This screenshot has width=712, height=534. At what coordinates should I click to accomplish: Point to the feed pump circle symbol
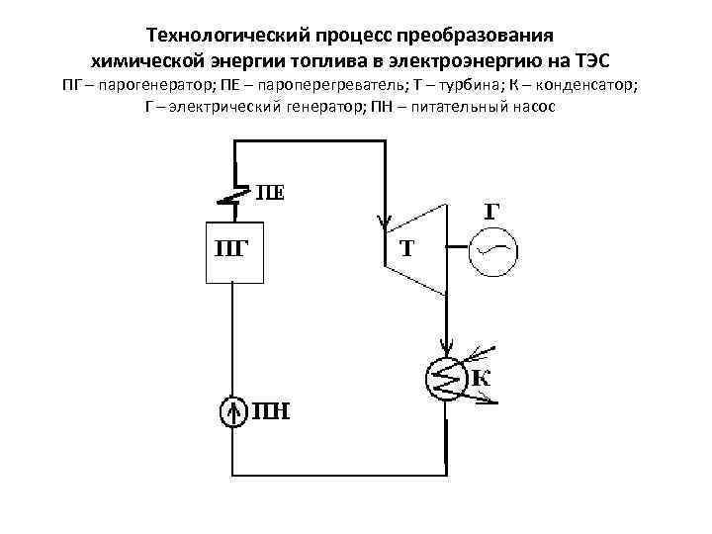click(234, 409)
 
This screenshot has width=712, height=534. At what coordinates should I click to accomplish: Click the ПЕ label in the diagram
click(269, 192)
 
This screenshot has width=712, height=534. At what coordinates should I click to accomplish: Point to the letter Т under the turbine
click(405, 247)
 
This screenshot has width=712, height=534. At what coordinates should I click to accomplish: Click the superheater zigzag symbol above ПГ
click(232, 195)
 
